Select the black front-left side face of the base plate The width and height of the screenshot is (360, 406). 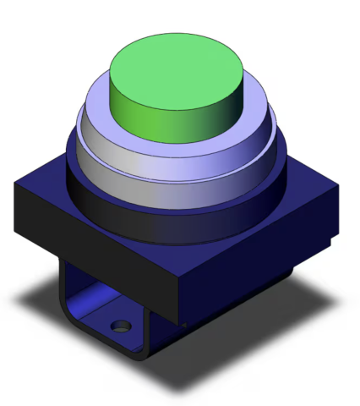coord(93,241)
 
